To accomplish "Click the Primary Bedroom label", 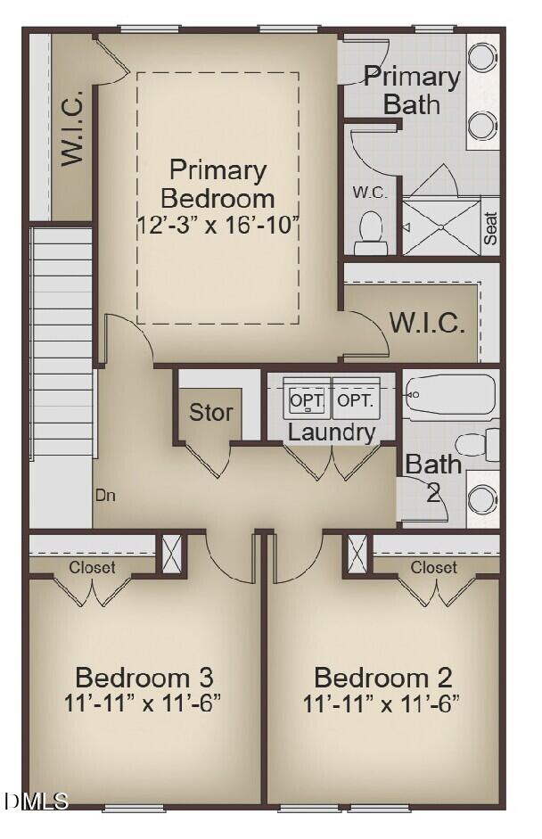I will click(x=218, y=183).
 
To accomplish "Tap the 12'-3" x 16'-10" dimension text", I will click(x=218, y=224).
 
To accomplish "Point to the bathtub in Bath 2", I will click(x=451, y=393).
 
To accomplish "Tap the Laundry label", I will click(x=332, y=433).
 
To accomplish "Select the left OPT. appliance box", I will click(x=308, y=400).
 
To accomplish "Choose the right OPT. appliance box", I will click(x=356, y=400).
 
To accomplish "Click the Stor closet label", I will click(x=211, y=413).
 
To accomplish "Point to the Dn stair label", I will click(x=105, y=494).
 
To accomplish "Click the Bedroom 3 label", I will click(x=144, y=677).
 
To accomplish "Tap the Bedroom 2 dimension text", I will click(x=381, y=703).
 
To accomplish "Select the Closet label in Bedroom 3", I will click(x=93, y=567).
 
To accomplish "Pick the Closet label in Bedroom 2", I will click(x=434, y=567).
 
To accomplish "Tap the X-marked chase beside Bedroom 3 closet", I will click(x=170, y=554).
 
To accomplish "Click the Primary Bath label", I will click(x=412, y=90).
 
